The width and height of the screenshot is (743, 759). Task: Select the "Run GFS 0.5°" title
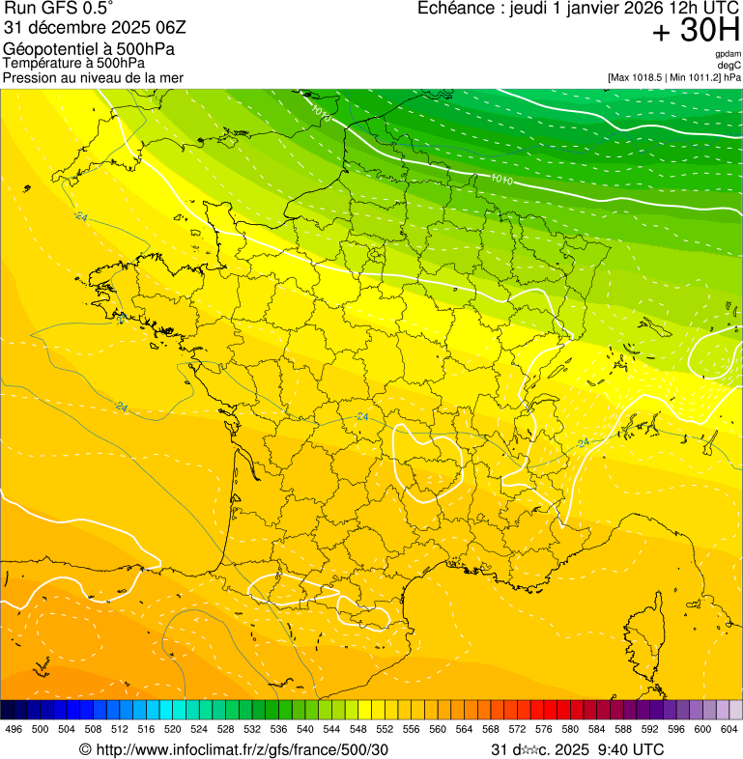tap(59, 10)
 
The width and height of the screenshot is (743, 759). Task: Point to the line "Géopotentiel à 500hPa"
tap(89, 49)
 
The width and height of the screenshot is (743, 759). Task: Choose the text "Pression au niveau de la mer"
tap(93, 77)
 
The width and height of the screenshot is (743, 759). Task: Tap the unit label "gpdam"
tap(728, 54)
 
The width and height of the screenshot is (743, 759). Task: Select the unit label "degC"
tap(729, 65)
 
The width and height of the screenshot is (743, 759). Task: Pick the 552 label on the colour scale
tap(385, 730)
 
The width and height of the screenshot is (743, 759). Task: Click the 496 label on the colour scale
tap(14, 730)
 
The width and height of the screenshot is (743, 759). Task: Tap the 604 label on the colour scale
tap(729, 730)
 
